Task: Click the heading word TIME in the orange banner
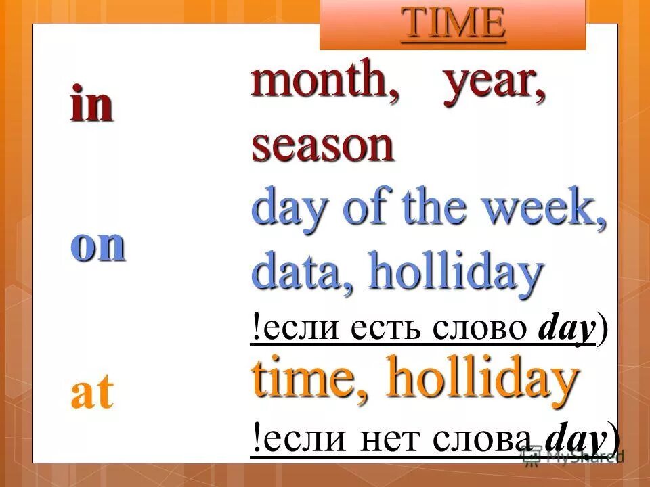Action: click(x=453, y=24)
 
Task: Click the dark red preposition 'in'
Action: click(x=91, y=107)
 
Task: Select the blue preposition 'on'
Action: click(x=98, y=246)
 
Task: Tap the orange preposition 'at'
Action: click(x=91, y=394)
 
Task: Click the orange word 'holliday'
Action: click(x=483, y=380)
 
